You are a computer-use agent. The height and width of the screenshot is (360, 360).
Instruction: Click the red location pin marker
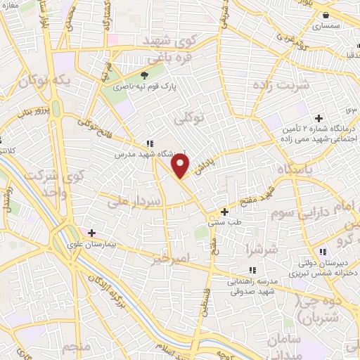click(x=181, y=165)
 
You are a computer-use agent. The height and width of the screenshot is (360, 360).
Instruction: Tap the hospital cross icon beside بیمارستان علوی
click(x=91, y=232)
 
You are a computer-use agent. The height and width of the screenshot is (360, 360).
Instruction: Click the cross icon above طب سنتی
click(x=224, y=212)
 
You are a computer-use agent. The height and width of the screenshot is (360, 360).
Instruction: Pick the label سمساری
click(x=325, y=26)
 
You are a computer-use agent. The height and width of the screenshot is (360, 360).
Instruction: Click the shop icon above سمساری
click(x=326, y=14)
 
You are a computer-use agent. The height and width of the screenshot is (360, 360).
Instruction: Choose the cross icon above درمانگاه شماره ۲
click(x=319, y=117)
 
